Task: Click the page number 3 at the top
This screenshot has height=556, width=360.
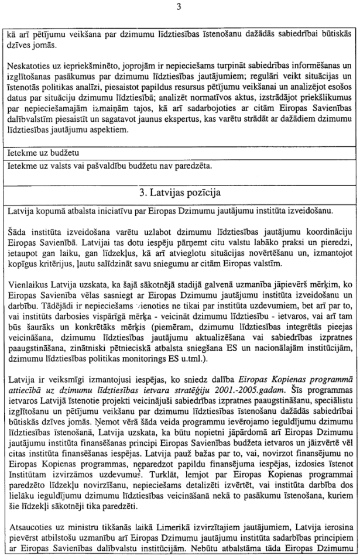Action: click(180, 6)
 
